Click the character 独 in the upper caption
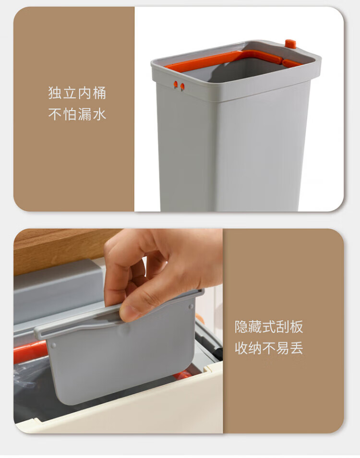point(55,93)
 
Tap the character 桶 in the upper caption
point(99,93)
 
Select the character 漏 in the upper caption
point(84,114)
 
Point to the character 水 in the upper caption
point(99,114)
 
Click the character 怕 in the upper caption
point(70,114)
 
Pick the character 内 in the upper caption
point(84,93)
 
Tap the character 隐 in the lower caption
point(241,326)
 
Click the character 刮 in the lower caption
point(282,326)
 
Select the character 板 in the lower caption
point(296,326)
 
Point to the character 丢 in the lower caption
point(296,348)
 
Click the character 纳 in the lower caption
point(255,348)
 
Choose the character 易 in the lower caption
point(282,348)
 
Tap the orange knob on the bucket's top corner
point(290,44)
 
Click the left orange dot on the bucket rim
point(176,84)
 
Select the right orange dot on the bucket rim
point(182,86)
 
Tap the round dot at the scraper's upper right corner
point(191,306)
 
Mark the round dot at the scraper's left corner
point(53,346)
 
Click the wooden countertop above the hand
point(61,248)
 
